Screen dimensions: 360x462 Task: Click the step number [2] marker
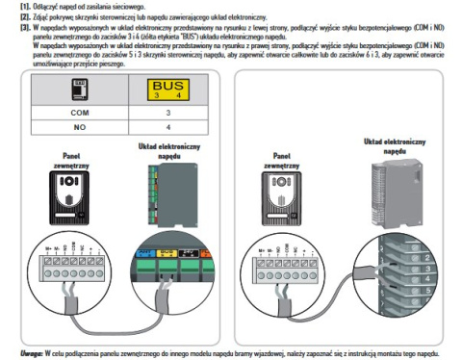pos(13,17)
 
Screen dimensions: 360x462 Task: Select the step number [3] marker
pos(13,28)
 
